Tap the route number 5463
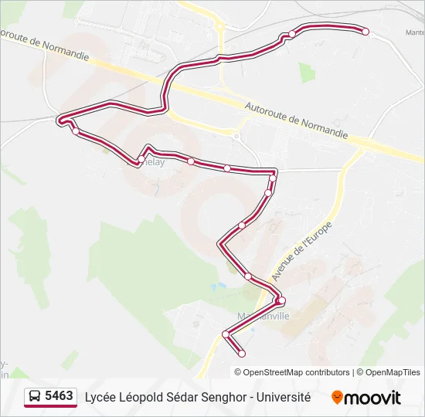coord(59,397)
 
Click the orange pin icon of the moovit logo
coord(337,398)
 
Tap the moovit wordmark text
coord(373,398)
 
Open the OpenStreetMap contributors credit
coord(297,372)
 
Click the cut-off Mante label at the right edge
coord(415,32)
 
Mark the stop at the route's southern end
coord(242,354)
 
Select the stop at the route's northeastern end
coord(365,32)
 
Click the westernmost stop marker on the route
coord(61,120)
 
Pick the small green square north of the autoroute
coord(307,73)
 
